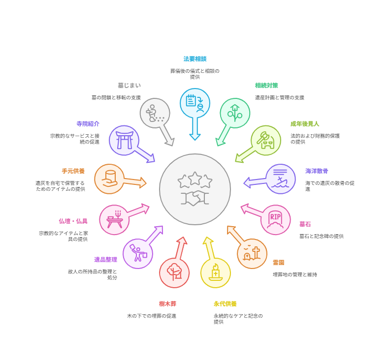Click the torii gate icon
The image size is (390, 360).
pos(124,140)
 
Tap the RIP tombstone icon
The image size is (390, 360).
pos(276,219)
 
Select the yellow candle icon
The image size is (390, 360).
pos(215,272)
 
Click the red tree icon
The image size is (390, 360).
pos(174,272)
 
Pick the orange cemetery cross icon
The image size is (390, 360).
pos(252,254)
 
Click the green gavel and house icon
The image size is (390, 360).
pos(266,140)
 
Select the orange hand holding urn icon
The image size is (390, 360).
pos(109,179)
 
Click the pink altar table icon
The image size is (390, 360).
pos(114,219)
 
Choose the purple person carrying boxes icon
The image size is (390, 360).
pos(138,254)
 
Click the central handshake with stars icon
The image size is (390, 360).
pos(195,189)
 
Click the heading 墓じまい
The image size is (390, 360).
pos(129,86)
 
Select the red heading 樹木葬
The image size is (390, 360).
pos(167,304)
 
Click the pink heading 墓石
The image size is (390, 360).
pos(305,224)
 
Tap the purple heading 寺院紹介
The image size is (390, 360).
pos(88,124)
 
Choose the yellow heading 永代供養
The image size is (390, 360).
pos(225,304)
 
